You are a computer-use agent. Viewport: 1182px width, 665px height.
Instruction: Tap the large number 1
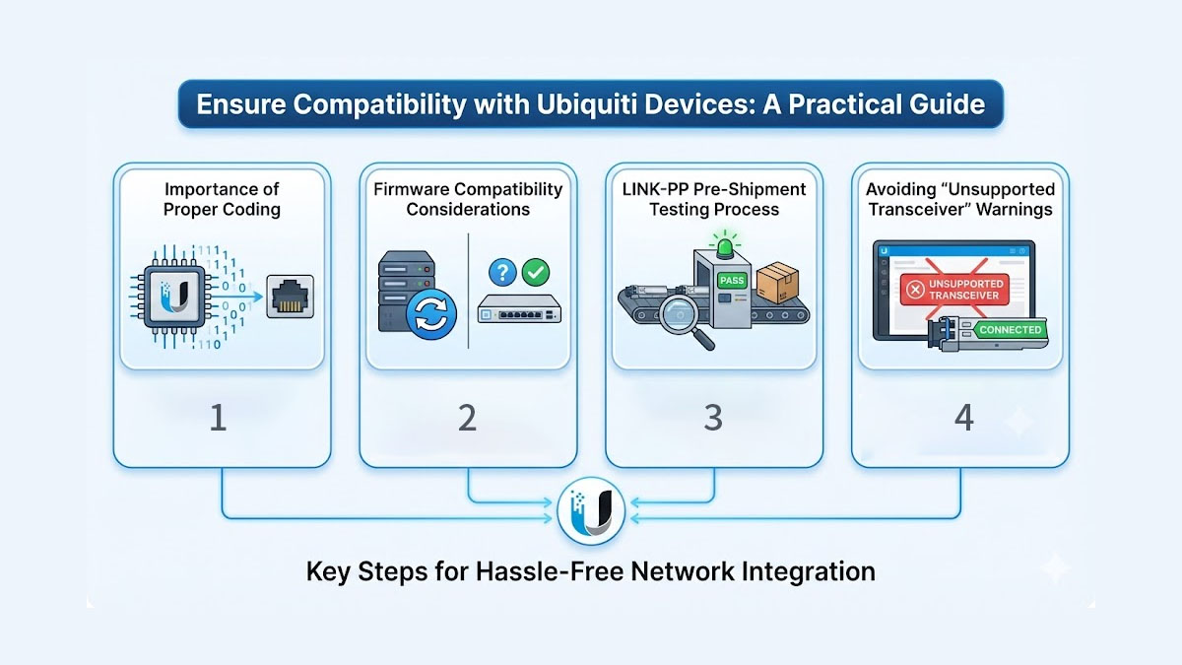[219, 418]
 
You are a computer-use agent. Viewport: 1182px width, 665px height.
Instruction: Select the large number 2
[467, 418]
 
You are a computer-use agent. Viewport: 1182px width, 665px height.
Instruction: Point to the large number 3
[713, 418]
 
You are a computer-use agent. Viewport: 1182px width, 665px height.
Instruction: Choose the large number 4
[963, 418]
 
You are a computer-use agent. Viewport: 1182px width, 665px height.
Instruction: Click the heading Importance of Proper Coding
[222, 199]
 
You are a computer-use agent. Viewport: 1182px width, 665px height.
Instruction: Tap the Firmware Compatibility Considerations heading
[468, 199]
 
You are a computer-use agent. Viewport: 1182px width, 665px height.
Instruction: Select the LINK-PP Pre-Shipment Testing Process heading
[714, 199]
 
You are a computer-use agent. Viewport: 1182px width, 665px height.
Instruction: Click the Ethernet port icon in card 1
[291, 295]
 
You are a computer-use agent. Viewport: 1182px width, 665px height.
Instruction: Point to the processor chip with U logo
[176, 294]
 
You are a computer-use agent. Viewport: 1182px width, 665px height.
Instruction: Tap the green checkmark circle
[537, 272]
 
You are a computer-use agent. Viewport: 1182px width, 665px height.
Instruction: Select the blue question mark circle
[501, 272]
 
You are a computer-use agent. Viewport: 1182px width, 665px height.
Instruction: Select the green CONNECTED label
[1010, 330]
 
